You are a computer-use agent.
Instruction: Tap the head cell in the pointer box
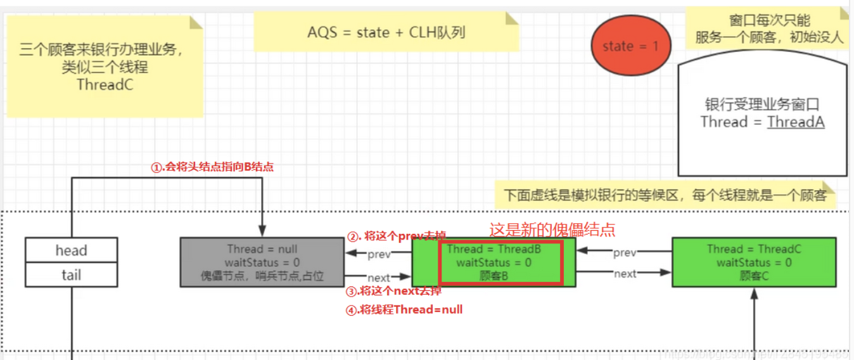[71, 250]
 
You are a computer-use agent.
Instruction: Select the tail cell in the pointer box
[71, 275]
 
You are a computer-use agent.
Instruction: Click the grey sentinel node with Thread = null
[262, 262]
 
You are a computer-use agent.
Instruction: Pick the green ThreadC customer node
[753, 262]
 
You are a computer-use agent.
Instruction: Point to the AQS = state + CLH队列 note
[386, 32]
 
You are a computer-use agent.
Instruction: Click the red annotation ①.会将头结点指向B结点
[212, 167]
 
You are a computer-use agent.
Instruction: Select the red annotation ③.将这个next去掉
[393, 292]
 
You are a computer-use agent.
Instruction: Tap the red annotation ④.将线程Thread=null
[404, 310]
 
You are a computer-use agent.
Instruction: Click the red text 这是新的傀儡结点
[552, 229]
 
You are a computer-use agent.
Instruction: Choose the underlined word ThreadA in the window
[796, 122]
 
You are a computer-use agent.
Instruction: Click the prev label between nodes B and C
[625, 253]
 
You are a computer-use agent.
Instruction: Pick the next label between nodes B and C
[625, 274]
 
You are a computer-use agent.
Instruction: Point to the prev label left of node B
[379, 255]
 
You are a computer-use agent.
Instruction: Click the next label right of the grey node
[379, 278]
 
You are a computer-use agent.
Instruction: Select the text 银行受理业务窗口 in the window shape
[762, 105]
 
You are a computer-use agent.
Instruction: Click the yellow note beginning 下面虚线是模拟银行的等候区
[665, 195]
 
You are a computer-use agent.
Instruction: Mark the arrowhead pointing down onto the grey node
[262, 233]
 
